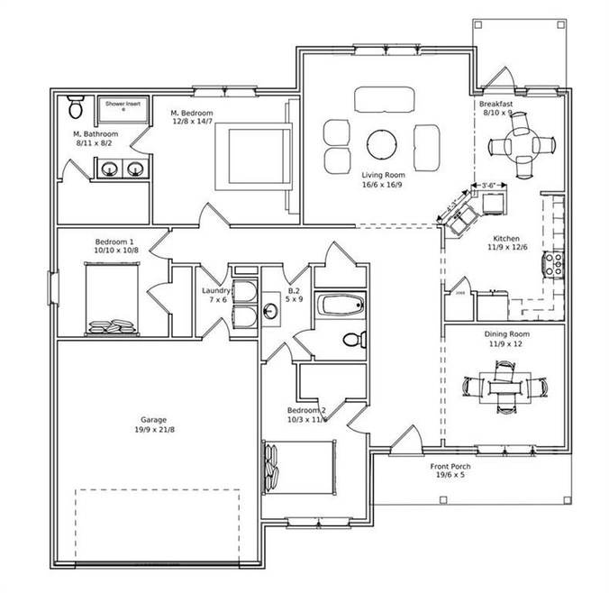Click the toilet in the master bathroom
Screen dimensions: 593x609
tap(75, 109)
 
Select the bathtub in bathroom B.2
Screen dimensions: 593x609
tap(341, 306)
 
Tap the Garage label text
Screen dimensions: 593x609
tap(152, 420)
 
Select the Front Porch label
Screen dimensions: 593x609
tap(454, 466)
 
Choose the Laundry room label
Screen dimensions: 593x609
tap(216, 291)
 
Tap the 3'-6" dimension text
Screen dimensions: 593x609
tap(491, 186)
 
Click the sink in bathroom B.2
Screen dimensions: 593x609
tap(271, 311)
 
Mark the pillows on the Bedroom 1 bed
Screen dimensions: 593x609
tap(113, 323)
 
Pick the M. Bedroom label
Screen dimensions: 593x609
tap(193, 114)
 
